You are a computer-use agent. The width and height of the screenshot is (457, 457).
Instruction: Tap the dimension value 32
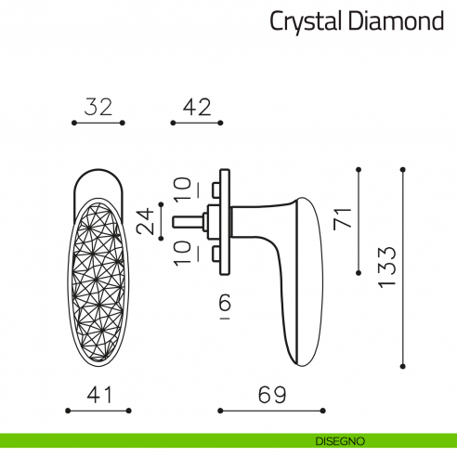[97, 107]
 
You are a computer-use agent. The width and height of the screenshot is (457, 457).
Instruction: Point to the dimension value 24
[146, 221]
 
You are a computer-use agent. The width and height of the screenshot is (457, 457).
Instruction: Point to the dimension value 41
[98, 395]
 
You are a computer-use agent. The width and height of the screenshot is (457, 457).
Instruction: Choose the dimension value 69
[270, 395]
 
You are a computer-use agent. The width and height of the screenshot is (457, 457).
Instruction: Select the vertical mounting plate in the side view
[223, 221]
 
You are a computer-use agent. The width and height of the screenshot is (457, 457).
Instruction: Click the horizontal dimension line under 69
[270, 409]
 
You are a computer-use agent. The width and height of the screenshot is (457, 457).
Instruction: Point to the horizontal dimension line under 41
[98, 409]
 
